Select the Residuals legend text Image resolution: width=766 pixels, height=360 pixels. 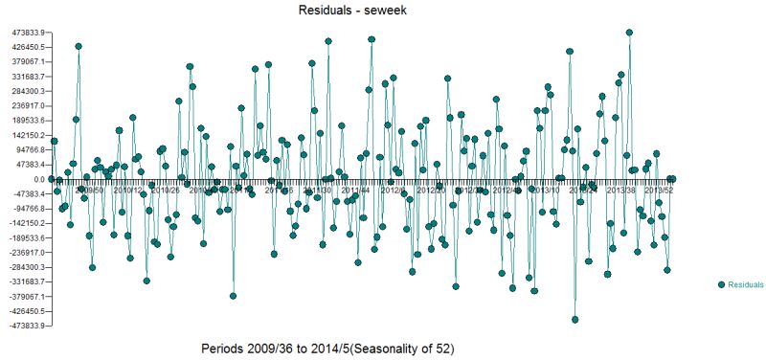click(746, 285)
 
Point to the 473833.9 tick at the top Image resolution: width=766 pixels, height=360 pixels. click(24, 33)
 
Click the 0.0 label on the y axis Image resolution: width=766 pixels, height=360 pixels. click(37, 179)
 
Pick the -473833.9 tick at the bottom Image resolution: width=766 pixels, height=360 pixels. click(23, 326)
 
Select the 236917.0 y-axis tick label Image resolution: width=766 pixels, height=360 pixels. click(24, 106)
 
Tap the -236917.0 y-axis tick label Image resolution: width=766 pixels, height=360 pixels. click(23, 253)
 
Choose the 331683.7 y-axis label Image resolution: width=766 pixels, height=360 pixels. click(24, 77)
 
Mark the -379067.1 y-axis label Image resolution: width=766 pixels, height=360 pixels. click(23, 297)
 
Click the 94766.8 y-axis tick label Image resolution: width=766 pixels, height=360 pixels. click(26, 150)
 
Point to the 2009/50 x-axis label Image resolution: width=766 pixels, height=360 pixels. click(89, 190)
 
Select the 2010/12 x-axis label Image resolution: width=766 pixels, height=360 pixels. click(127, 190)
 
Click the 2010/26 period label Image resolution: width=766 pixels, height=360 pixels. click(166, 190)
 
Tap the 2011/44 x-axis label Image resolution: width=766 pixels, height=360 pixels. click(355, 190)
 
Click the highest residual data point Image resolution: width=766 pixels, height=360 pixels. click(629, 33)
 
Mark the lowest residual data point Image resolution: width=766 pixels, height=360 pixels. click(575, 320)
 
